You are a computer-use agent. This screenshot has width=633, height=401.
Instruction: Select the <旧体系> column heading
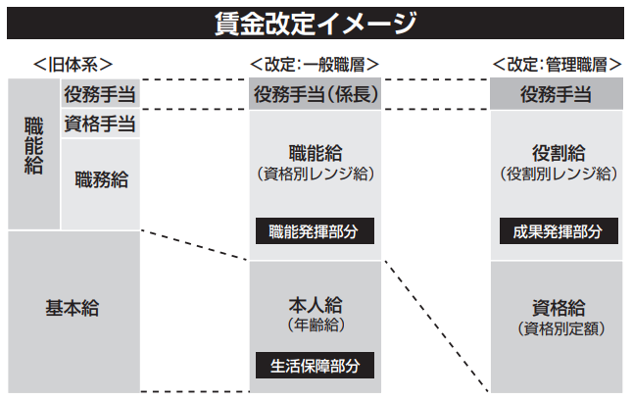coord(73,64)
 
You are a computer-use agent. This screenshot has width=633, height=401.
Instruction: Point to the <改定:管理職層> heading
coord(557,64)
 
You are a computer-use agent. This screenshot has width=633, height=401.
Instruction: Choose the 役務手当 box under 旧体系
coord(100,94)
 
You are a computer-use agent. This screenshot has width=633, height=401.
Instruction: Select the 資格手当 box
coord(100,125)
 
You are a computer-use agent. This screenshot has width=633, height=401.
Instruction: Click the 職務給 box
coord(101,180)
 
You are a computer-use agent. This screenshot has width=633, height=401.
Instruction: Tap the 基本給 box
coord(73,307)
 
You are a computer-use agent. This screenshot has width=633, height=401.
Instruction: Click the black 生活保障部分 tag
coord(315,366)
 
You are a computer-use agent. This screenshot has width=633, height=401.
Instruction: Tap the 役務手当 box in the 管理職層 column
coord(557,94)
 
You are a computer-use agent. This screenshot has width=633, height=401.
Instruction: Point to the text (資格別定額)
coord(557,327)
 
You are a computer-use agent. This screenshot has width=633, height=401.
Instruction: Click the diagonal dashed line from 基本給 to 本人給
coord(196,246)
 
